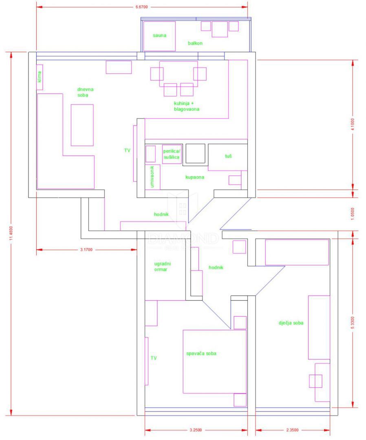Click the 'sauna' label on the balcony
point(159,35)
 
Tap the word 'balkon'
point(195,43)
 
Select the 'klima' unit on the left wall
point(40,77)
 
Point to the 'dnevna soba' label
point(83,92)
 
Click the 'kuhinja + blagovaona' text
point(186,106)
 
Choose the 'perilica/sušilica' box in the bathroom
point(172,154)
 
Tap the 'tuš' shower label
point(228,156)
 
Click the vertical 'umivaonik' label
point(152,176)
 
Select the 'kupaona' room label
point(195,178)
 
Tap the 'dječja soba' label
point(291,323)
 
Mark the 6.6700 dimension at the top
point(141,7)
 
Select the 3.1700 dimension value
point(87,250)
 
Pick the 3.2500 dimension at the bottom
point(196,430)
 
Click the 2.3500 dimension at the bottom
point(293,430)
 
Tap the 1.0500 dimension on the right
point(353,214)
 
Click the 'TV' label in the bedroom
point(154,358)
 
